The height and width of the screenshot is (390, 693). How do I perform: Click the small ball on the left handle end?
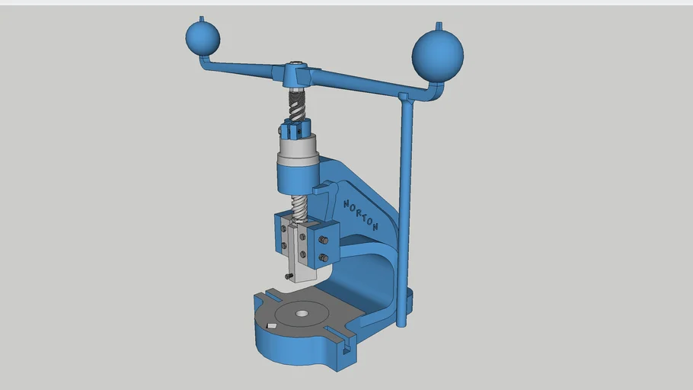point(203,37)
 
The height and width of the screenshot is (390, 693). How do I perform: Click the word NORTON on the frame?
point(361,215)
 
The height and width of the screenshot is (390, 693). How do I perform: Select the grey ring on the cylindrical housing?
point(297,150)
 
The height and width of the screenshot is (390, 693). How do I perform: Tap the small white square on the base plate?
point(272,327)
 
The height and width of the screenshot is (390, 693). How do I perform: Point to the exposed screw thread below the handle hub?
point(297,102)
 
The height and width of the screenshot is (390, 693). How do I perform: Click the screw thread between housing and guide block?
point(299,207)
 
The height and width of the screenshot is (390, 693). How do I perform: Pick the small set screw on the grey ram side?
point(289,276)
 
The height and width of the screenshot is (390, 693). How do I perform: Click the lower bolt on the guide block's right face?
point(324,259)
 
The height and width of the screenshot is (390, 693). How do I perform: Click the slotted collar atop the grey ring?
point(297,130)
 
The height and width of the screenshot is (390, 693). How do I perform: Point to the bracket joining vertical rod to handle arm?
point(405,97)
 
